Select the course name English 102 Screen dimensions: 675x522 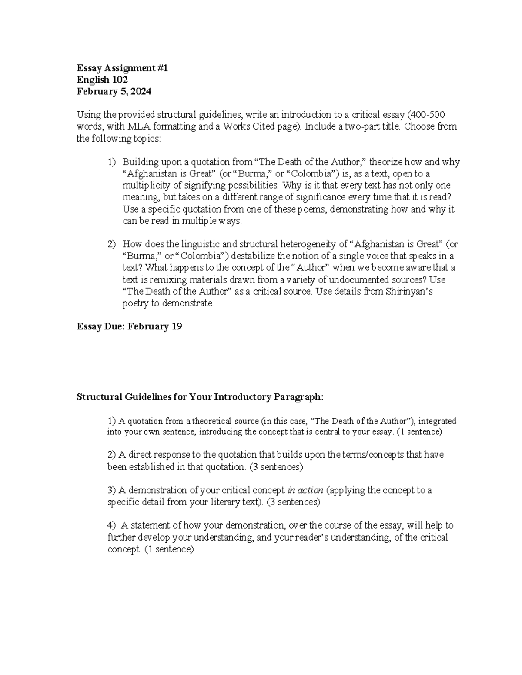click(102, 80)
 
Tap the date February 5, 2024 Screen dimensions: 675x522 click(114, 91)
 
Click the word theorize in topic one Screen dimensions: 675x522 click(385, 162)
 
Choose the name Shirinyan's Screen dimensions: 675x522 click(409, 291)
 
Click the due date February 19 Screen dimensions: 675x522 click(154, 326)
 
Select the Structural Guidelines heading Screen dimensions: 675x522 click(200, 397)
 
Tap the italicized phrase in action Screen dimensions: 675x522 click(305, 490)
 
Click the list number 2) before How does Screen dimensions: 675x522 click(112, 244)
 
